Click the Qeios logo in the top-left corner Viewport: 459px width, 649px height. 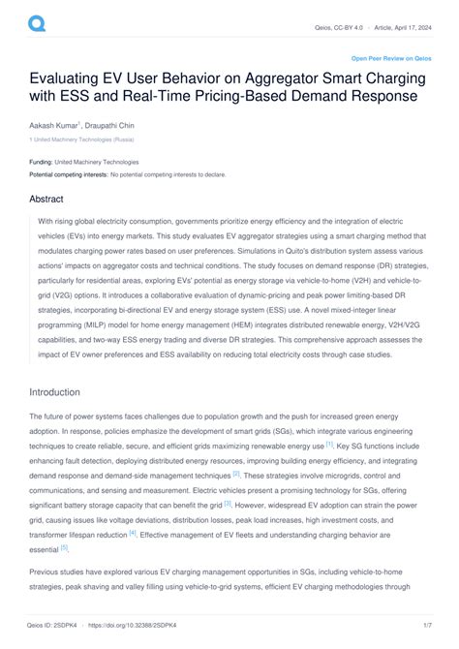[x=37, y=21]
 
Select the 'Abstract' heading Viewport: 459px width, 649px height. [x=47, y=200]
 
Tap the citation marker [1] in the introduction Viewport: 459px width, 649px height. [x=329, y=445]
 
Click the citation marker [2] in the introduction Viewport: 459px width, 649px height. [x=236, y=474]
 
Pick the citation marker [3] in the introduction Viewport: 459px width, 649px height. [x=228, y=504]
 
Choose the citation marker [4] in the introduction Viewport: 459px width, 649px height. [x=133, y=533]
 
